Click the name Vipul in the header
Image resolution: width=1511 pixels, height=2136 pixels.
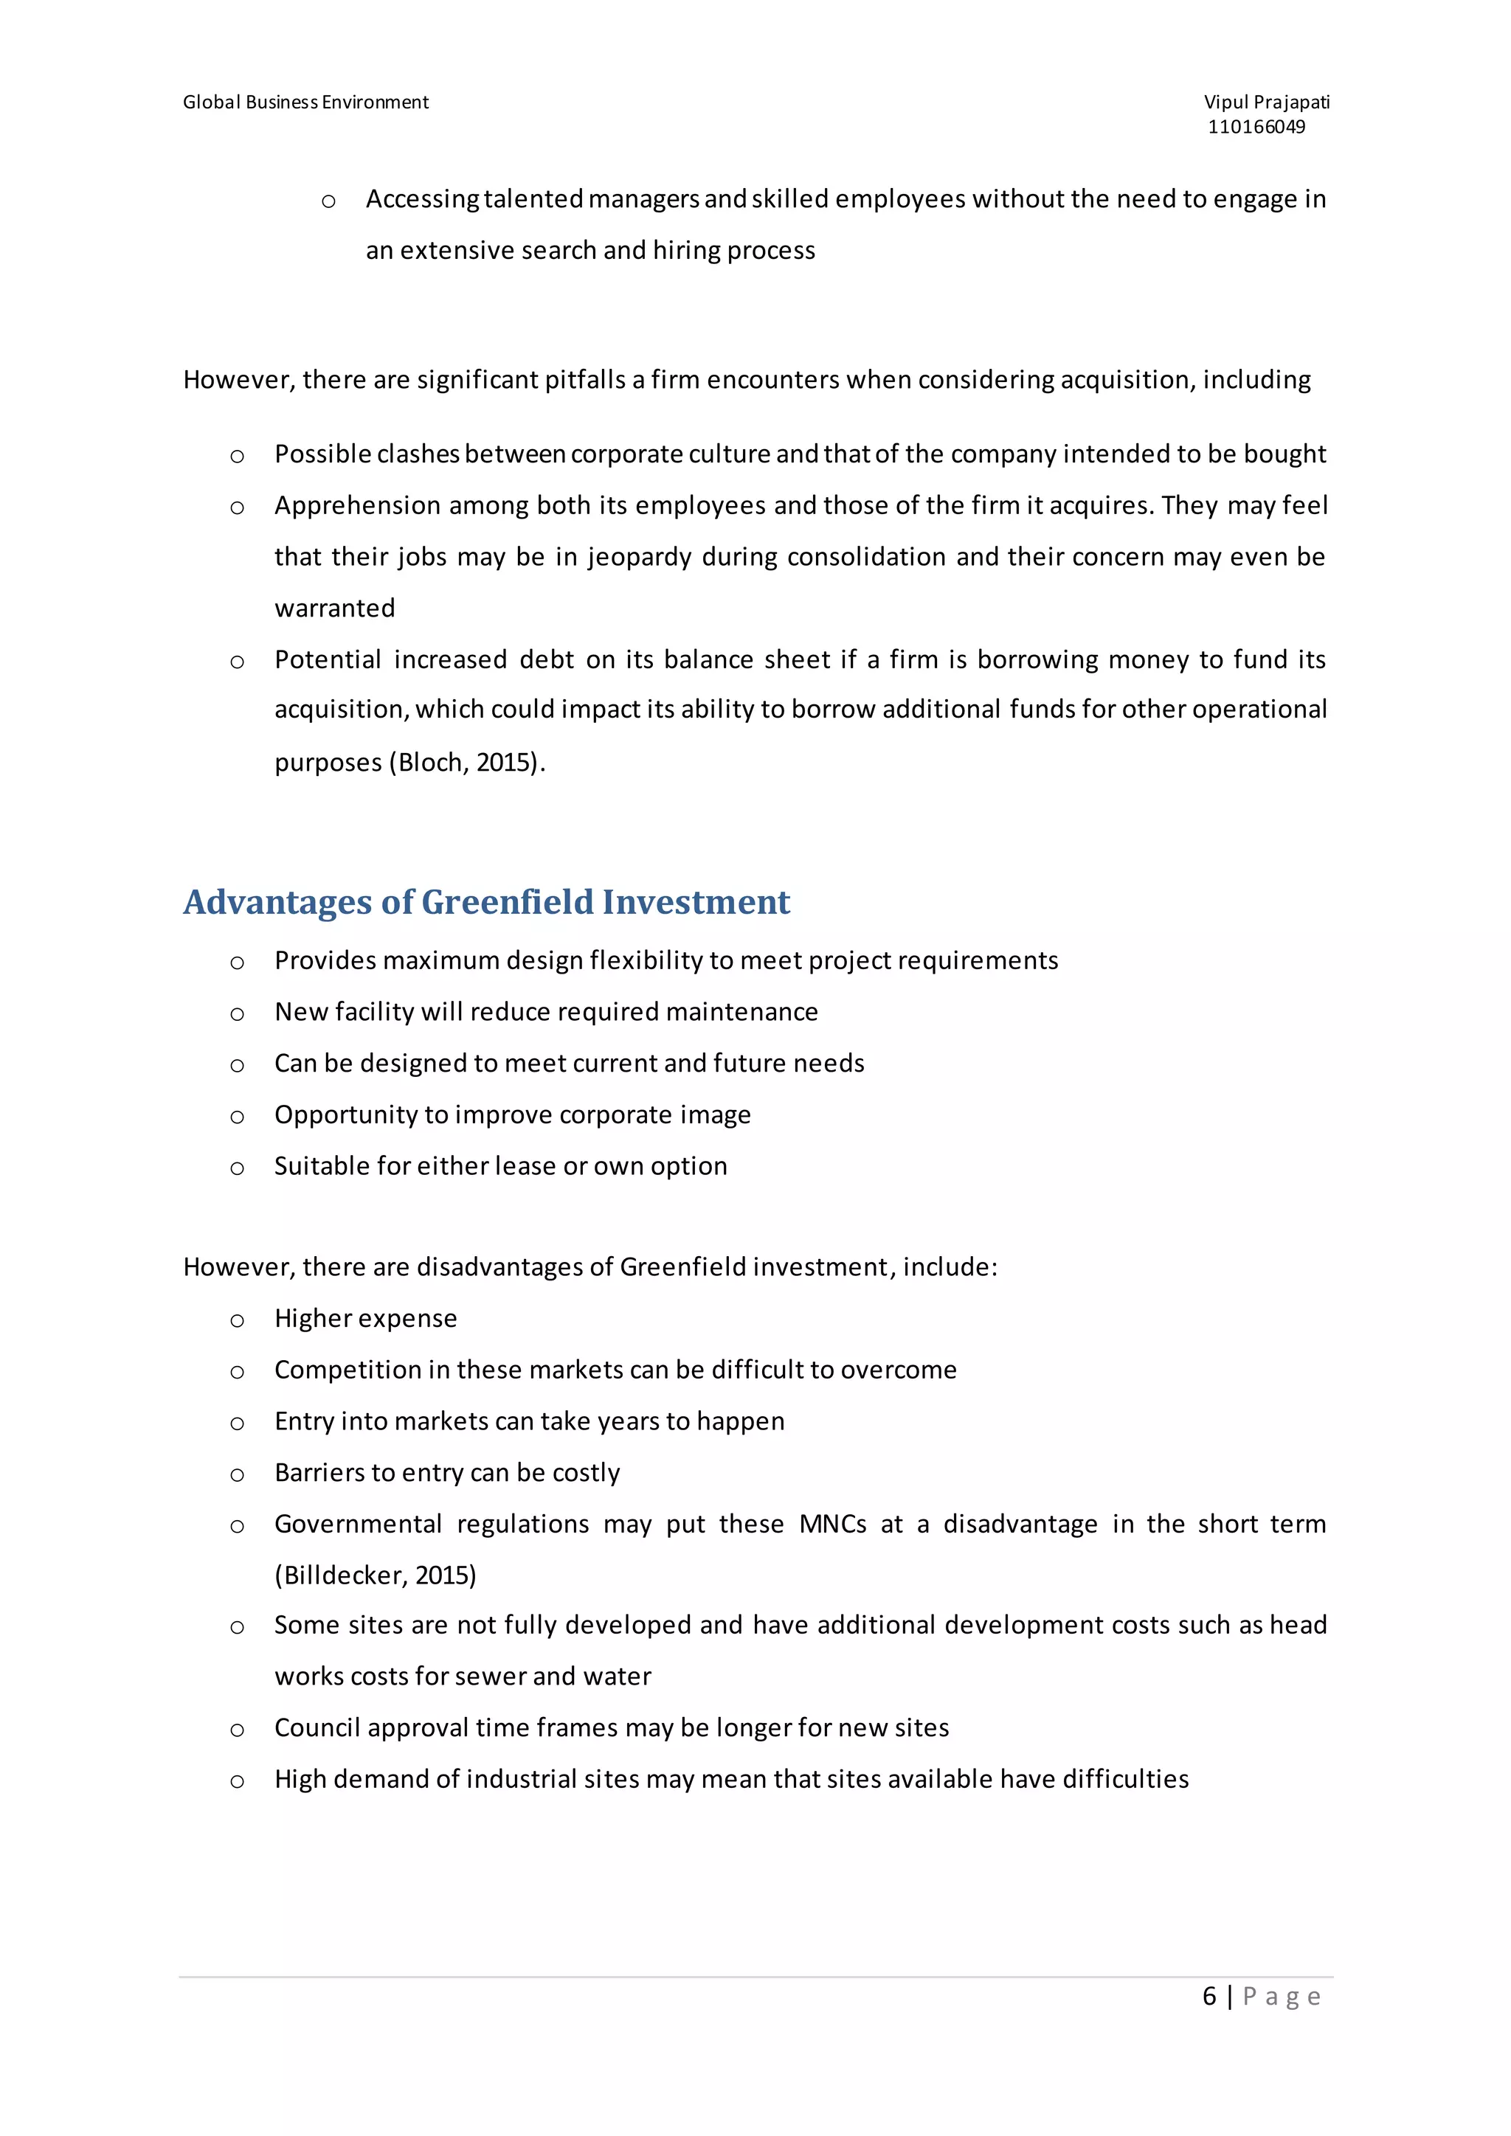(x=1225, y=103)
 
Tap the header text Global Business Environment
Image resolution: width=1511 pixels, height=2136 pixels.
(x=305, y=103)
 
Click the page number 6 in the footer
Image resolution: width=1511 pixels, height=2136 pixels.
(x=1209, y=1997)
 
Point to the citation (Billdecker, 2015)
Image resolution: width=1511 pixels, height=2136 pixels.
(x=375, y=1575)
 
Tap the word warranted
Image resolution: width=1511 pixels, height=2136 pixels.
(x=335, y=608)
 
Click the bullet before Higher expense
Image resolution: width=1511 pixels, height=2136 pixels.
(x=238, y=1321)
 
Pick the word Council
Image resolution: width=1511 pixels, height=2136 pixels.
(x=317, y=1727)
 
